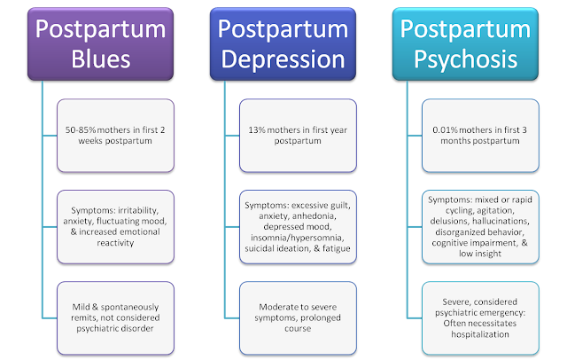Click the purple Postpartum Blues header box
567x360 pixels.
tap(100, 43)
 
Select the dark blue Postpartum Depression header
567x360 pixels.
tap(283, 43)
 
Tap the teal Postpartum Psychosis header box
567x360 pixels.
tap(465, 43)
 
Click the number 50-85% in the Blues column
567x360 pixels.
tap(81, 129)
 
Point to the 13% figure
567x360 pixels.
tap(257, 129)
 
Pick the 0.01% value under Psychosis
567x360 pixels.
tap(445, 129)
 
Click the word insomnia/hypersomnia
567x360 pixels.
tap(298, 238)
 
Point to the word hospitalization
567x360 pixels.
tap(480, 334)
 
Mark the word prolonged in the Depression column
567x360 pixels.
tap(320, 317)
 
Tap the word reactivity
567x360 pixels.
tap(115, 243)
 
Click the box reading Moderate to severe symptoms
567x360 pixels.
tap(298, 318)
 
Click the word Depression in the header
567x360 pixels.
tap(283, 59)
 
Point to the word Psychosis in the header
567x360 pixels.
tap(466, 59)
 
